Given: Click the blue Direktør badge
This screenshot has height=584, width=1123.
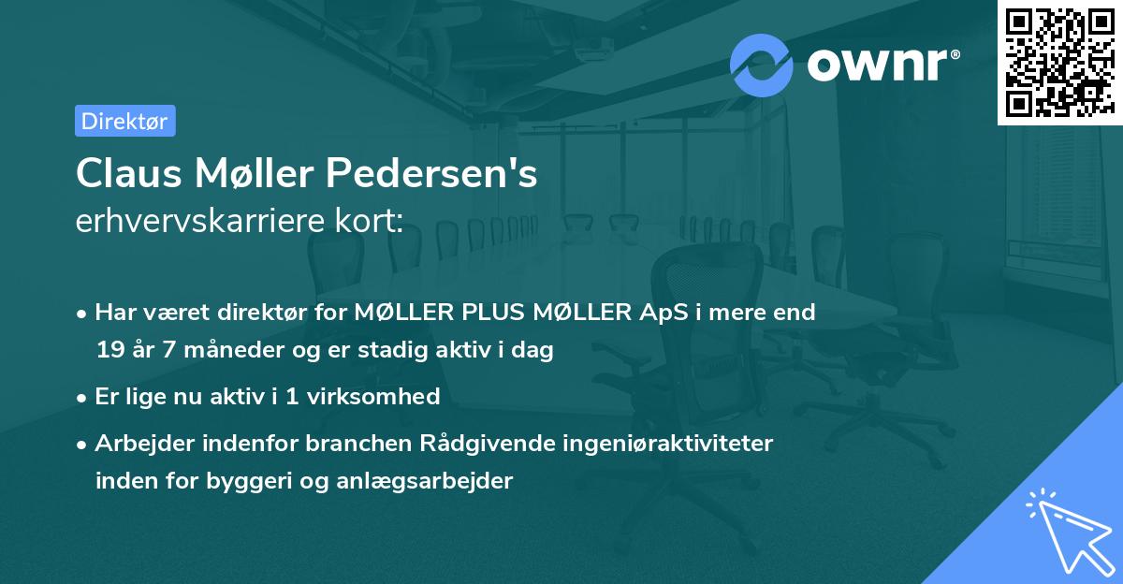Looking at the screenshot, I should pos(124,121).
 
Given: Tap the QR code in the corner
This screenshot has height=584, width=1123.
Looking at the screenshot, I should pos(1059,62).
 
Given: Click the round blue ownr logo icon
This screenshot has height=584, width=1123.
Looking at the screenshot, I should pos(762,65).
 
